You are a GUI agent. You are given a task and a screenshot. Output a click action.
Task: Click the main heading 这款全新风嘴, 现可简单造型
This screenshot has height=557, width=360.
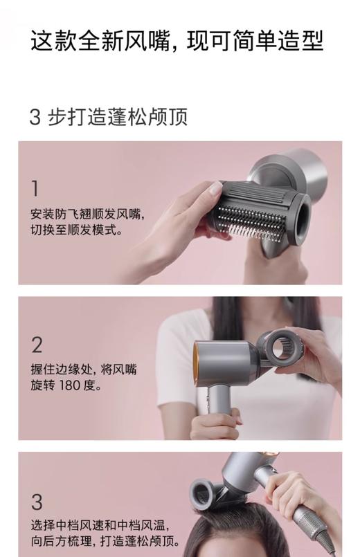[x=177, y=42]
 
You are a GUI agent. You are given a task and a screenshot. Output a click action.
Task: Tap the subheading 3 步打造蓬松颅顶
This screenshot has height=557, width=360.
[x=108, y=116]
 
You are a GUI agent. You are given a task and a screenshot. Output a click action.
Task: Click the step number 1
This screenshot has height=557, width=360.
[x=35, y=188]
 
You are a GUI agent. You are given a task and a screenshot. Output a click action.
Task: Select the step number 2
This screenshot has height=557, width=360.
[x=37, y=345]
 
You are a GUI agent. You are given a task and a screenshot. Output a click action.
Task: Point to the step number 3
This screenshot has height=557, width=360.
[x=37, y=501]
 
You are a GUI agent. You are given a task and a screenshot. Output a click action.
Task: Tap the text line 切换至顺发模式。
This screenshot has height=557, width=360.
[x=77, y=230]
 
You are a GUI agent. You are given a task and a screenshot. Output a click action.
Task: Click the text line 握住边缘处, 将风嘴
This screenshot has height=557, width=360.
[x=84, y=369]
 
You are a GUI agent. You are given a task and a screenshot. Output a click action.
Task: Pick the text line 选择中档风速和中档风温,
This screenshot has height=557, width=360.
[x=100, y=525]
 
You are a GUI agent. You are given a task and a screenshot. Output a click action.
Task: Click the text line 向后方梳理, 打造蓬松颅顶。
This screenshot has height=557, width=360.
[x=105, y=542]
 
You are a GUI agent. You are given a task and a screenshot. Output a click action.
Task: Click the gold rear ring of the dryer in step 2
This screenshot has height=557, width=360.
[x=198, y=359]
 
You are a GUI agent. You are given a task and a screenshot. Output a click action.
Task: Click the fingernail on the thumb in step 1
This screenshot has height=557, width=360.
[x=216, y=188]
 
